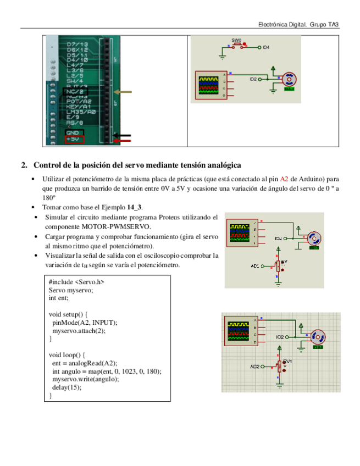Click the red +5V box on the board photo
74,140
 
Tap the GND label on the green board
72,132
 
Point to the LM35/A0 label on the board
81,112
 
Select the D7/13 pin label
77,44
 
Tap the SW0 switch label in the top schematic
236,40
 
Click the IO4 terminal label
266,48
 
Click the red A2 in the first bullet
284,179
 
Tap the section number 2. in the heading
24,165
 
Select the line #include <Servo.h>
76,282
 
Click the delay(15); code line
67,387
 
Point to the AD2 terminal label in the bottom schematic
255,367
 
